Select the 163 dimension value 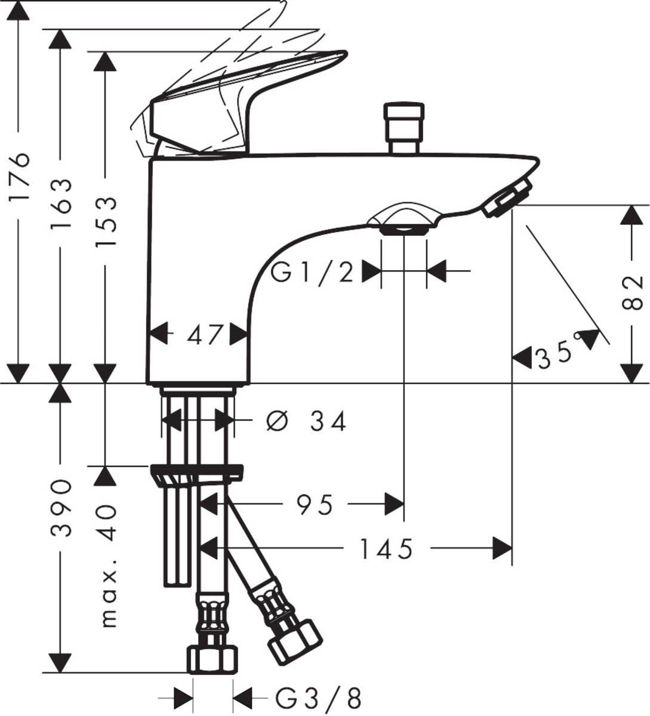(x=61, y=204)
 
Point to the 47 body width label (x=205, y=335)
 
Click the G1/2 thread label (x=312, y=273)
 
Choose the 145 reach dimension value (x=386, y=549)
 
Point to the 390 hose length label (x=61, y=507)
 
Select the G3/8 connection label (x=319, y=697)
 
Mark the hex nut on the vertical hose (x=212, y=659)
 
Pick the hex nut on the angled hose (x=294, y=641)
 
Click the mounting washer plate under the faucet (x=197, y=473)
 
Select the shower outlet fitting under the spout (x=403, y=223)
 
